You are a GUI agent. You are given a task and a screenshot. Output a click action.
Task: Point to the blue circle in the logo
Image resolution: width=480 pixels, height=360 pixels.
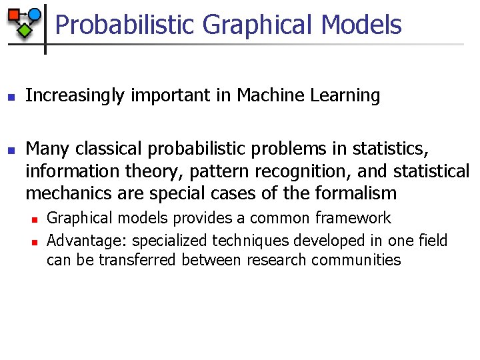pos(34,15)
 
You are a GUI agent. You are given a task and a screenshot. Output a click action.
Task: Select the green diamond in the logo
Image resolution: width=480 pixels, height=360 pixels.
pos(25,30)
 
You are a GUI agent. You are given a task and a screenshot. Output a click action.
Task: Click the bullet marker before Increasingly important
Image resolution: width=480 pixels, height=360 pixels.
pos(11,97)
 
